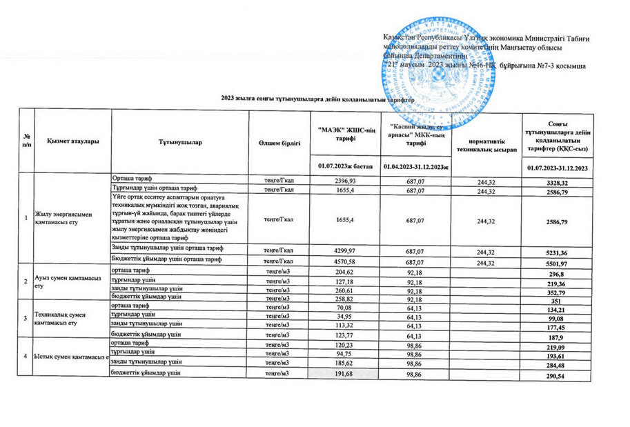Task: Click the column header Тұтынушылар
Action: click(183, 141)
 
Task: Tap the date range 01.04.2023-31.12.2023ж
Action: click(415, 168)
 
